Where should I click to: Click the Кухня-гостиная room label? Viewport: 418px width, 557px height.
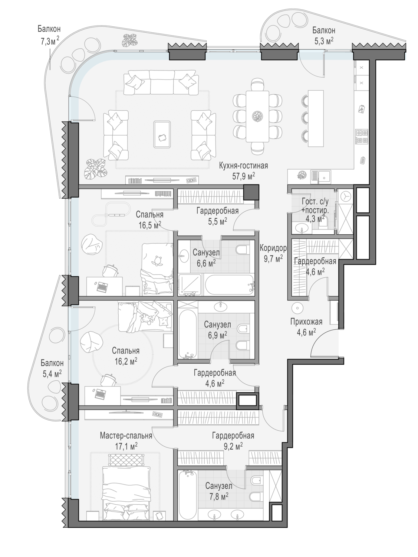tap(243, 166)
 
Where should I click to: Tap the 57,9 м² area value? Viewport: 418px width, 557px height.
tap(243, 176)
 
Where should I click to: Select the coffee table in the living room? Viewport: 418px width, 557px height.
tap(162, 134)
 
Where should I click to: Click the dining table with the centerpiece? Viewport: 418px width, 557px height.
tap(257, 116)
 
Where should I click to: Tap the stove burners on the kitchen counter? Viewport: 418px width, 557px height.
tap(362, 137)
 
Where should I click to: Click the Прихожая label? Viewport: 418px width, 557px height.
tap(306, 322)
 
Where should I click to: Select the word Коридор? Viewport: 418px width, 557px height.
tap(273, 248)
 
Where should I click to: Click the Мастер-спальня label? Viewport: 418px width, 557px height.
tap(126, 436)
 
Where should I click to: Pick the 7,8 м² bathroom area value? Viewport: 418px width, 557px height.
tap(217, 496)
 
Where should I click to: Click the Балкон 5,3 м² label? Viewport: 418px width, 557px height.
tap(324, 36)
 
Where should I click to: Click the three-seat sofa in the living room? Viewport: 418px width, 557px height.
tap(161, 82)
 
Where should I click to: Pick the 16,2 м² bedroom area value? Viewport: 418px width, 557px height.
tap(126, 361)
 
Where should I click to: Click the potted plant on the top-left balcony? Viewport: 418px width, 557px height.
tap(130, 40)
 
